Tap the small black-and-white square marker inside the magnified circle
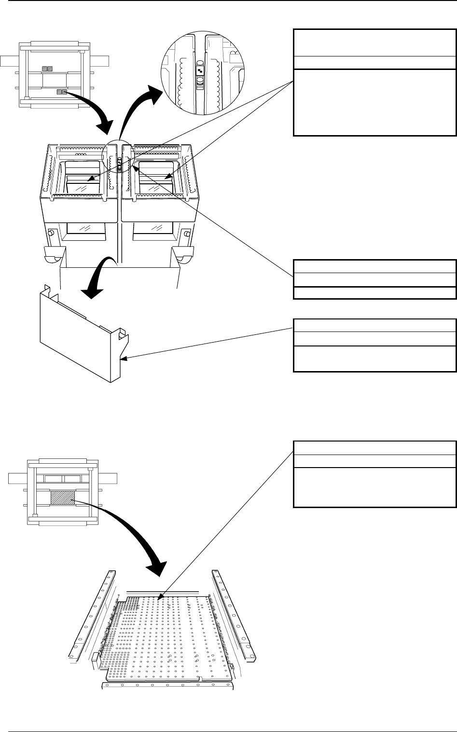[x=200, y=71]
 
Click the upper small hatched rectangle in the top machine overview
[x=47, y=69]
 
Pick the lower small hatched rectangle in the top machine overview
[x=62, y=91]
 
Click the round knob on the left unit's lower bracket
[x=50, y=234]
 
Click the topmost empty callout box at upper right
[x=374, y=42]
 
